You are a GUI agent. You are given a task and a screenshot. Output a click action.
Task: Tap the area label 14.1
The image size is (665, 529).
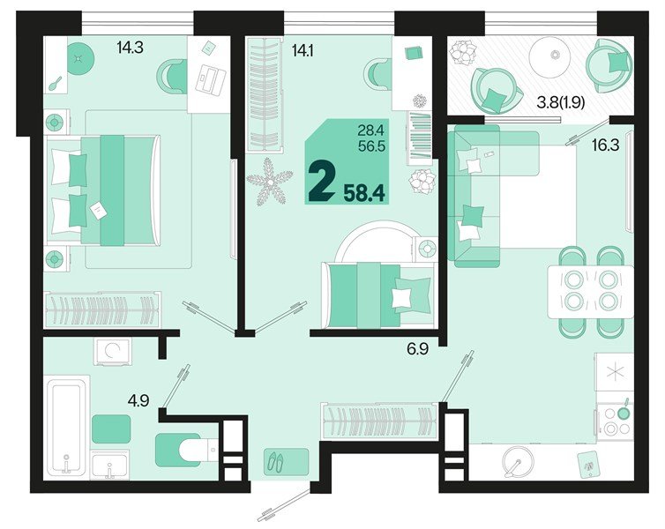pos(302,51)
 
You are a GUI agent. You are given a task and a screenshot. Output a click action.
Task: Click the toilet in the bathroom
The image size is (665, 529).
pos(186,449)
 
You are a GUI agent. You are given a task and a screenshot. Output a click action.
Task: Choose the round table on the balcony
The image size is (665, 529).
pos(556,57)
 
